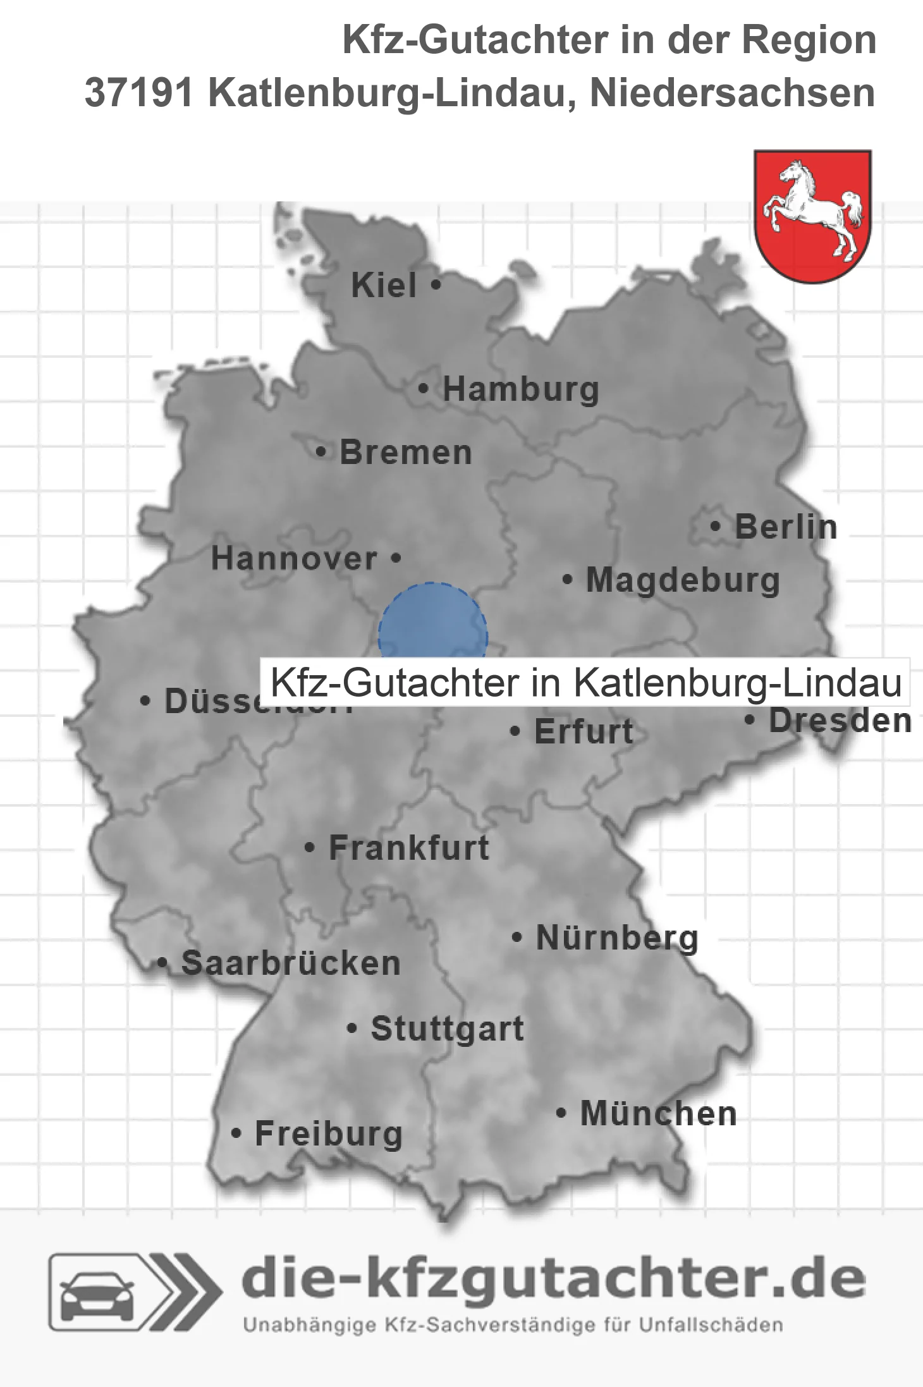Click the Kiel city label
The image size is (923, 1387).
[x=384, y=285]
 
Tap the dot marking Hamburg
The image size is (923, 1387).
[x=424, y=388]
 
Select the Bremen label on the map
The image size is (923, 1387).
[x=405, y=453]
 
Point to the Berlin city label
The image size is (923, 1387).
[x=786, y=527]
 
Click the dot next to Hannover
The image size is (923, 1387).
[x=396, y=558]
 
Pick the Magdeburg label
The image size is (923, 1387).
[x=683, y=580]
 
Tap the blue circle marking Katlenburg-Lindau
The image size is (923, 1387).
[x=432, y=623]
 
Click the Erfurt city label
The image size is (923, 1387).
[x=584, y=732]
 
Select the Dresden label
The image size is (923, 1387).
[x=840, y=721]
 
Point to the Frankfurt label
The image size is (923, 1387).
[x=409, y=848]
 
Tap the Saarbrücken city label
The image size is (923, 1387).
[x=291, y=963]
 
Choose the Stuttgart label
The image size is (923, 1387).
[x=447, y=1029]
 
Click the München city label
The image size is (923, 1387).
[x=658, y=1113]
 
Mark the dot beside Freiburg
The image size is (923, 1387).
[x=236, y=1133]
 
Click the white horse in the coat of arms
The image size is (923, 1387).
[x=812, y=209]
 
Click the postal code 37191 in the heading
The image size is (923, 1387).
[x=139, y=93]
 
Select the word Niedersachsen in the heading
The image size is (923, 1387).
[x=732, y=93]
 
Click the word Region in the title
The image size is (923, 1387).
[x=809, y=40]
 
